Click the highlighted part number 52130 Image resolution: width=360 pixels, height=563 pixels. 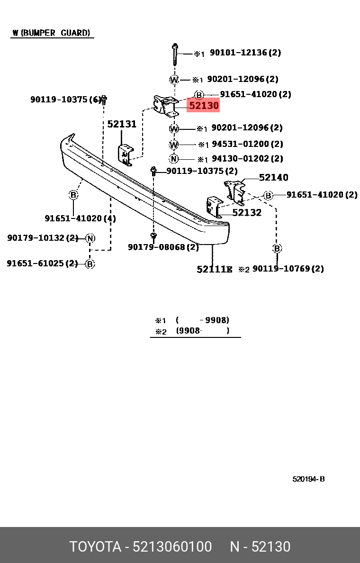(204, 106)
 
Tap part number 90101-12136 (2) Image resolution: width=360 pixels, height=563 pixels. (245, 53)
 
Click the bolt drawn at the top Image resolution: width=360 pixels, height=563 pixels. (175, 55)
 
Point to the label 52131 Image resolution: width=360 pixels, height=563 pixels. (122, 124)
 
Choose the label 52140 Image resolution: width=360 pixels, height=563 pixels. (273, 178)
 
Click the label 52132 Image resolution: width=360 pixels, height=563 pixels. (247, 213)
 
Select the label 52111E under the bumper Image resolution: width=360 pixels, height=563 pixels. (214, 269)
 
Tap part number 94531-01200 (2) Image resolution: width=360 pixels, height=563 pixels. (247, 144)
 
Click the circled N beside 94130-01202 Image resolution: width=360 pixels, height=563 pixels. (174, 159)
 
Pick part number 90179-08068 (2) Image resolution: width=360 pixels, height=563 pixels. (163, 247)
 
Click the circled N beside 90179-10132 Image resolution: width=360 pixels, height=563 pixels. (90, 238)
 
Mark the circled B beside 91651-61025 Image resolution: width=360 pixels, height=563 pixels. (90, 263)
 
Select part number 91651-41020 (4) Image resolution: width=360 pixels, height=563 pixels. (80, 218)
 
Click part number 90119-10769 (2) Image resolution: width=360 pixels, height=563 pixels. (288, 269)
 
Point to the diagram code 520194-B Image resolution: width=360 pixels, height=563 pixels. (308, 479)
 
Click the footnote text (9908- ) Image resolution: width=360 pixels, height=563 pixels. (202, 331)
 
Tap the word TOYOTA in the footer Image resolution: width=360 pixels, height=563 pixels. (95, 547)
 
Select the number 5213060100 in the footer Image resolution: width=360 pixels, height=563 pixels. (172, 547)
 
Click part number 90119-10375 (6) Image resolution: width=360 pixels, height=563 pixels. (66, 100)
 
